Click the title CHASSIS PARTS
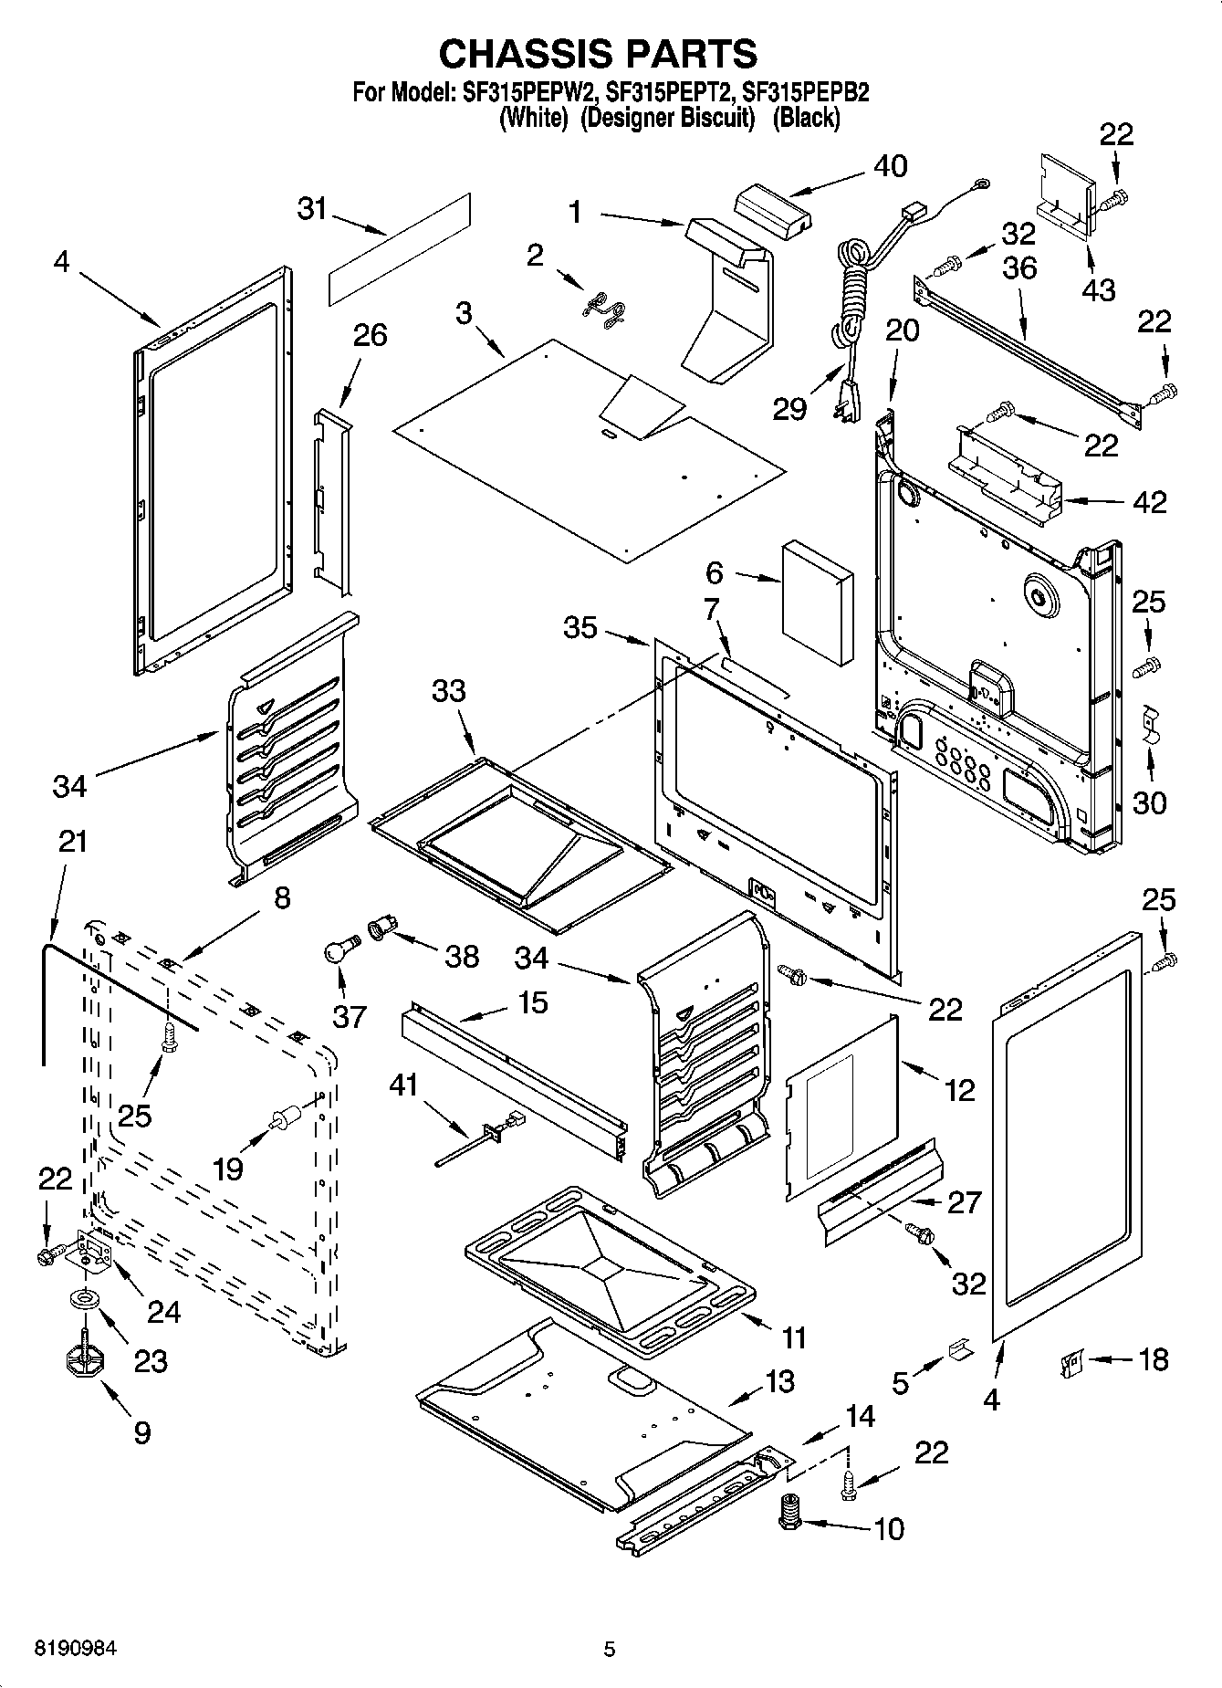coord(598,54)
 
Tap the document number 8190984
coord(77,1649)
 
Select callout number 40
coord(890,166)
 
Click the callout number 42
coord(1150,501)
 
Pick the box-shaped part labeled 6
coord(818,601)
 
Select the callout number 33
coord(449,691)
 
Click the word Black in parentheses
coord(806,118)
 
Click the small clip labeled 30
coord(1150,724)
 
